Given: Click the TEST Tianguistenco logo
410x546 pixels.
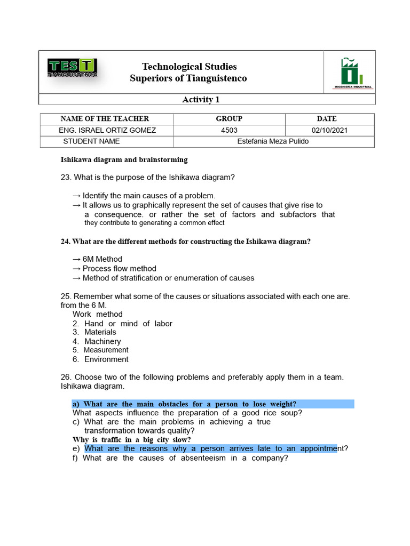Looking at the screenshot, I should (73, 69).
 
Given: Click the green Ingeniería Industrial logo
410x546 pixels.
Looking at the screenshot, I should (353, 73).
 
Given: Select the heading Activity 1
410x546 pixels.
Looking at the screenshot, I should (201, 100).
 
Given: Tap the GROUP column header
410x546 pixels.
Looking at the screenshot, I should (229, 119).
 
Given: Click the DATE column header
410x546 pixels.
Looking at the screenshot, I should (327, 119).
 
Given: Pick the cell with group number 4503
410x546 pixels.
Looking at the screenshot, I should (229, 130).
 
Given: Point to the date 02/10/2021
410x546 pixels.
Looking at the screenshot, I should (327, 130).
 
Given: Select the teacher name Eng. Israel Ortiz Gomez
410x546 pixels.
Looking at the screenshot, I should (107, 130).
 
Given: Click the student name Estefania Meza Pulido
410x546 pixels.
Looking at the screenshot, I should (273, 141).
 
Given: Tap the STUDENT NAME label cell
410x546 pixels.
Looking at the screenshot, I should (91, 141).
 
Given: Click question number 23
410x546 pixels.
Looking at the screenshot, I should (66, 177).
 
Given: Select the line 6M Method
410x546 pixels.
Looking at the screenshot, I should (102, 259).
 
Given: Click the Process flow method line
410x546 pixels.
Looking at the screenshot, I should (119, 269).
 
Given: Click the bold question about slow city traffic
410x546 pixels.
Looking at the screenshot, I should (132, 440).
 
